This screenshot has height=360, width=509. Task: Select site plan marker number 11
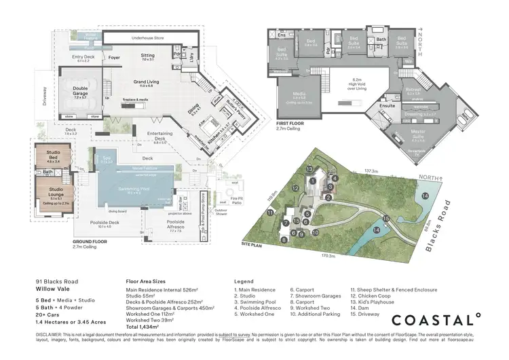(x=270, y=213)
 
